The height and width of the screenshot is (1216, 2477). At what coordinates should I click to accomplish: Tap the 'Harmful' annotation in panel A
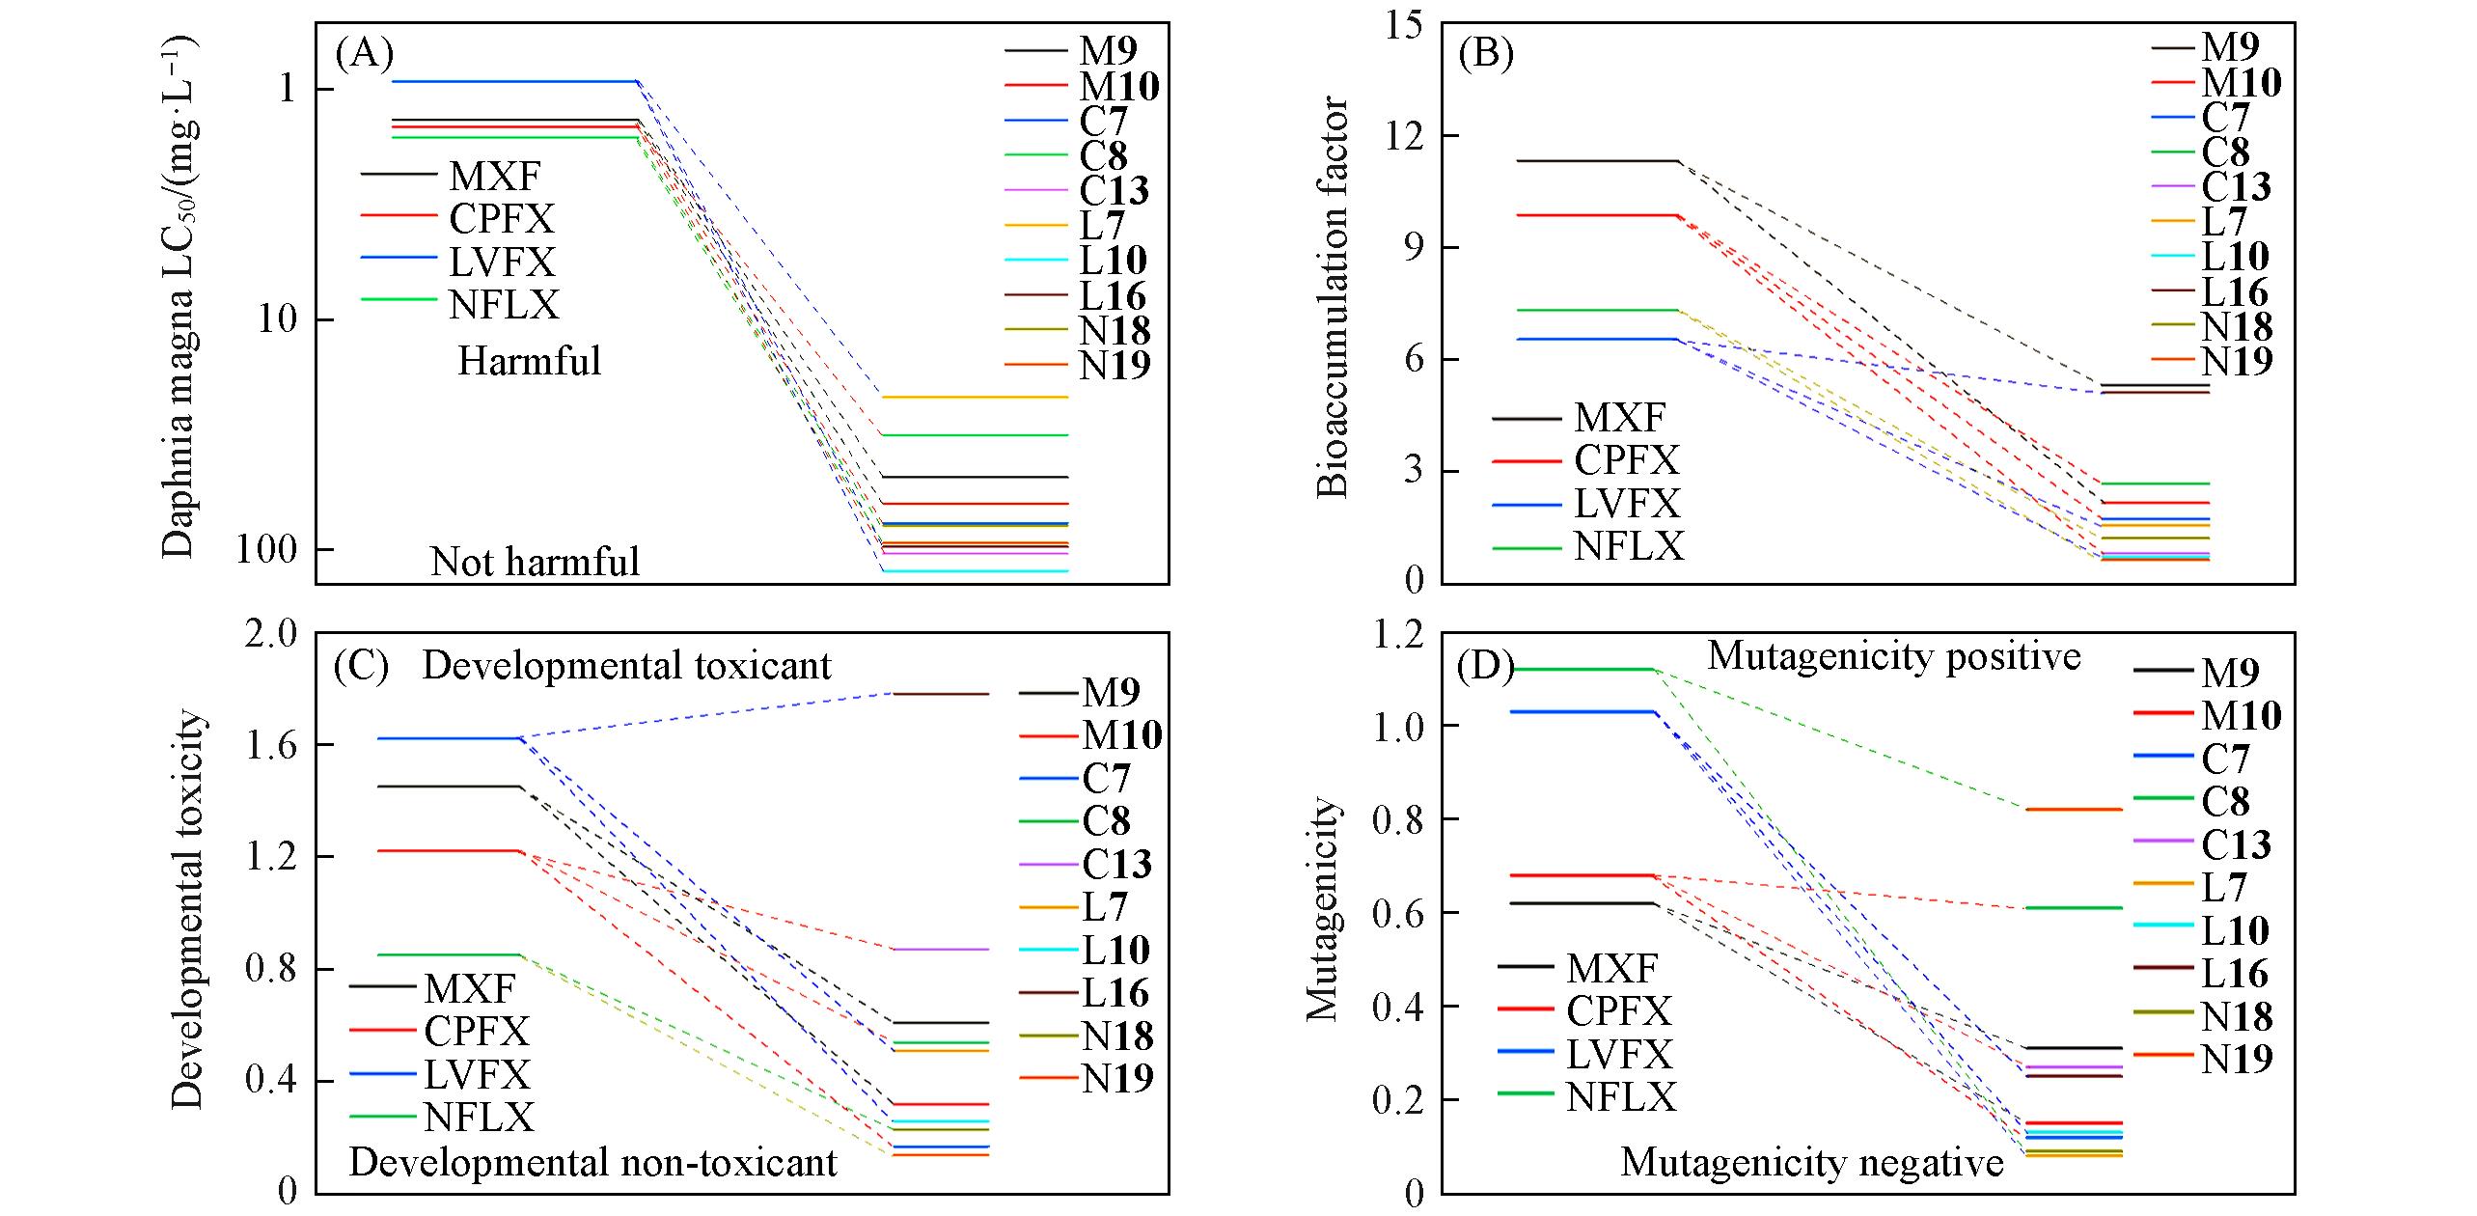[529, 362]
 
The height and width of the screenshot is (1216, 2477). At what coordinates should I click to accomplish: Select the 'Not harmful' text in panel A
[535, 562]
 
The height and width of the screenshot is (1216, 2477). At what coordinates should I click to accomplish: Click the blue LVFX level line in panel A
[515, 81]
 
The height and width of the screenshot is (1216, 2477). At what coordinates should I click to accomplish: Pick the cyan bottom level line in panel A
[975, 571]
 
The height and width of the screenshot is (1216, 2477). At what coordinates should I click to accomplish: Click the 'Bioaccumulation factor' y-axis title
[1333, 296]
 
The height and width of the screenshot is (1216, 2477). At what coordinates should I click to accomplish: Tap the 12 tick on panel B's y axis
[1405, 136]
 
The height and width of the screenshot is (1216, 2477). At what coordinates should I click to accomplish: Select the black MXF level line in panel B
[1598, 161]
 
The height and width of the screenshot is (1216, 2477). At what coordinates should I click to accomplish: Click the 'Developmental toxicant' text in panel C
[626, 666]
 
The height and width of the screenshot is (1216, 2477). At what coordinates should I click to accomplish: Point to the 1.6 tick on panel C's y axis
[272, 745]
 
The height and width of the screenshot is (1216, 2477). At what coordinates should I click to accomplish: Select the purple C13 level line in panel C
[940, 950]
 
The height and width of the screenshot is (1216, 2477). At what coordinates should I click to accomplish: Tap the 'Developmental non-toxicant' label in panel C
[592, 1163]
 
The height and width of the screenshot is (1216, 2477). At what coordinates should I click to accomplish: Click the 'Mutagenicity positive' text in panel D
[1894, 656]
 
